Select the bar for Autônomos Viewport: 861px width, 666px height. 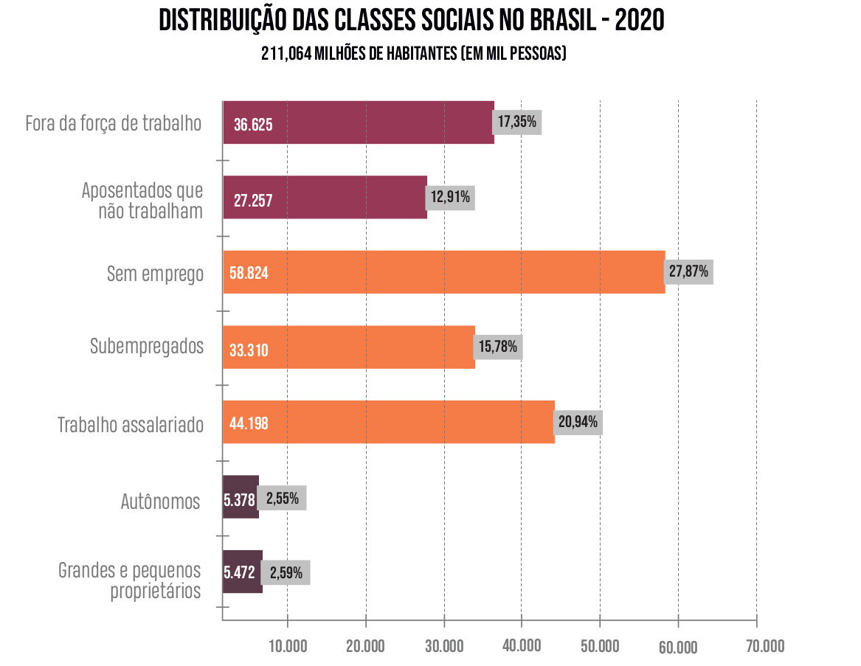click(x=241, y=498)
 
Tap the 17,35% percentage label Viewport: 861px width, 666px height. click(x=518, y=122)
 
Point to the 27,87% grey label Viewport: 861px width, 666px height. click(x=688, y=271)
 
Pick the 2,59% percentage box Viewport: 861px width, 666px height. click(x=286, y=572)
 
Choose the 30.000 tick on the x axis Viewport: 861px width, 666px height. click(x=443, y=646)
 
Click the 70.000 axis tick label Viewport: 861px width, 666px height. click(x=765, y=646)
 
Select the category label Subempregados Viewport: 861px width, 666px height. click(x=146, y=346)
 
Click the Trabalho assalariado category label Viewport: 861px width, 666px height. click(x=131, y=425)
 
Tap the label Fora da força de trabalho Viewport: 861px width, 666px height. click(x=114, y=123)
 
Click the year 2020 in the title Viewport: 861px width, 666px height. click(x=639, y=21)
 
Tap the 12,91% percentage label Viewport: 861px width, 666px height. click(x=450, y=197)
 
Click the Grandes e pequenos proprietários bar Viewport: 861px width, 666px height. click(x=243, y=572)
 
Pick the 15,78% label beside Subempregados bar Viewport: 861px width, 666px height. click(x=498, y=346)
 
